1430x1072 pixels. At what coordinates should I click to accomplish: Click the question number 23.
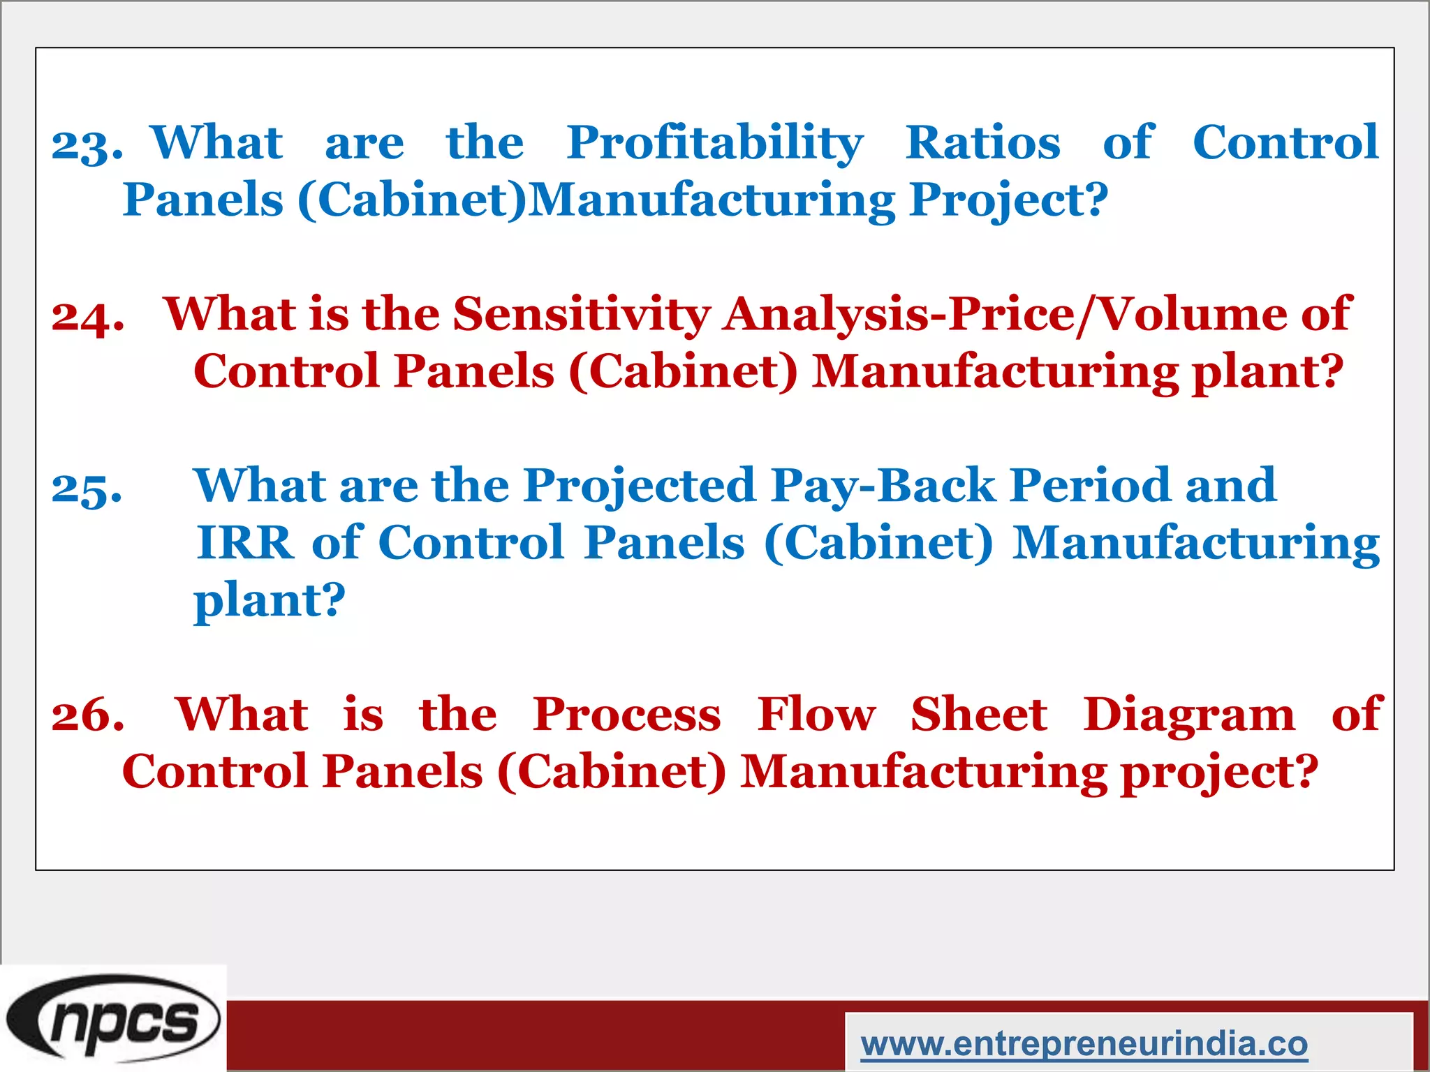pyautogui.click(x=87, y=145)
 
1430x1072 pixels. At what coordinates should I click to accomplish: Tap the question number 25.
pyautogui.click(x=87, y=488)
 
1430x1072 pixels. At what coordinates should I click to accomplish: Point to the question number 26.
pyautogui.click(x=88, y=715)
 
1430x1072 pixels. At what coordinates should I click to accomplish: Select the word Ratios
pyautogui.click(x=982, y=142)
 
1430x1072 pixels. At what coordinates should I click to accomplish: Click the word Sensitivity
pyautogui.click(x=582, y=314)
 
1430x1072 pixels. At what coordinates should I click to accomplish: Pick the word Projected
pyautogui.click(x=640, y=486)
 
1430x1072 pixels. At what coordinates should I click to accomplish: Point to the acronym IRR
pyautogui.click(x=245, y=543)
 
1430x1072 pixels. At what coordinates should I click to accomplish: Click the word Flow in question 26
pyautogui.click(x=816, y=715)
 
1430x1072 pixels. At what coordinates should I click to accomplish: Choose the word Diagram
pyautogui.click(x=1188, y=716)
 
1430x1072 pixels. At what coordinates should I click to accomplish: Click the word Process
pyautogui.click(x=626, y=716)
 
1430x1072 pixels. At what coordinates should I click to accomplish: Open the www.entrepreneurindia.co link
pyautogui.click(x=1084, y=1044)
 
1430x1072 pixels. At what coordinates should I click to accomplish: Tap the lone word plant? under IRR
pyautogui.click(x=270, y=601)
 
